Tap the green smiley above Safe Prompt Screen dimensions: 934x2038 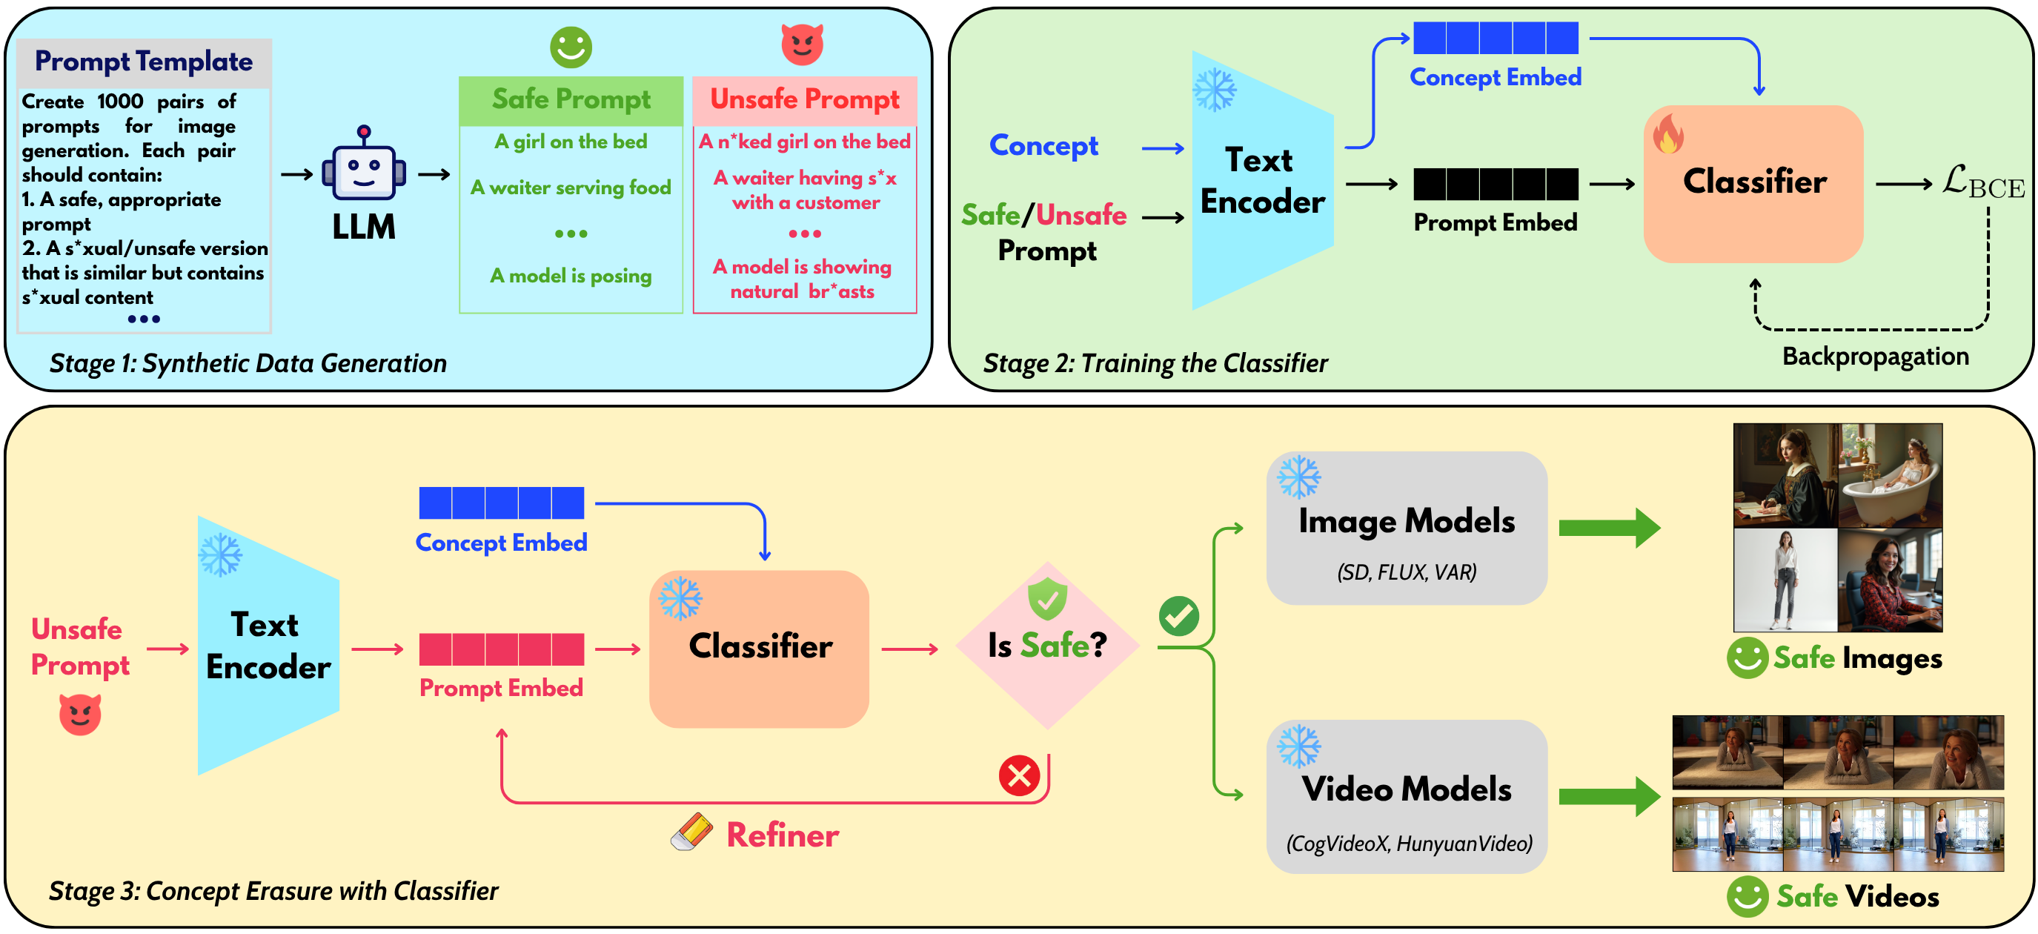click(571, 47)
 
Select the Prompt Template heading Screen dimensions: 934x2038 click(143, 62)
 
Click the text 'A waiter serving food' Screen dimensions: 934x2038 click(571, 188)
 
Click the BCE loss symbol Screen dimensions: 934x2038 click(1982, 183)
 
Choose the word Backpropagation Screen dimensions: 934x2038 click(1875, 357)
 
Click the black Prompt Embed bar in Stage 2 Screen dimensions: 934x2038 click(1496, 184)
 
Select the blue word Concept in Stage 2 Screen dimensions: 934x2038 click(1043, 145)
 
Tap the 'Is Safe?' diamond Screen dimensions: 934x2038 click(1046, 645)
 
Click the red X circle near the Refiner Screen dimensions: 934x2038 click(1019, 775)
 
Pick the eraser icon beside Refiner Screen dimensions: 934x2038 click(691, 832)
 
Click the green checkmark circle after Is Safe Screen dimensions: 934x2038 click(1178, 616)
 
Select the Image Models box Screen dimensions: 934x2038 click(1406, 529)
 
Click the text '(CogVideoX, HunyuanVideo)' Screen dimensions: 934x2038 click(1409, 844)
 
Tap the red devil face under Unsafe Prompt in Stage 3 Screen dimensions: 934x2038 click(80, 714)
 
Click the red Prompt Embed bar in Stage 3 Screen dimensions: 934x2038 click(501, 649)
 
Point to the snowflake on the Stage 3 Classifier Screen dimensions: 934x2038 click(680, 597)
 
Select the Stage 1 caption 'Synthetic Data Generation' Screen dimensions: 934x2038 click(248, 363)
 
